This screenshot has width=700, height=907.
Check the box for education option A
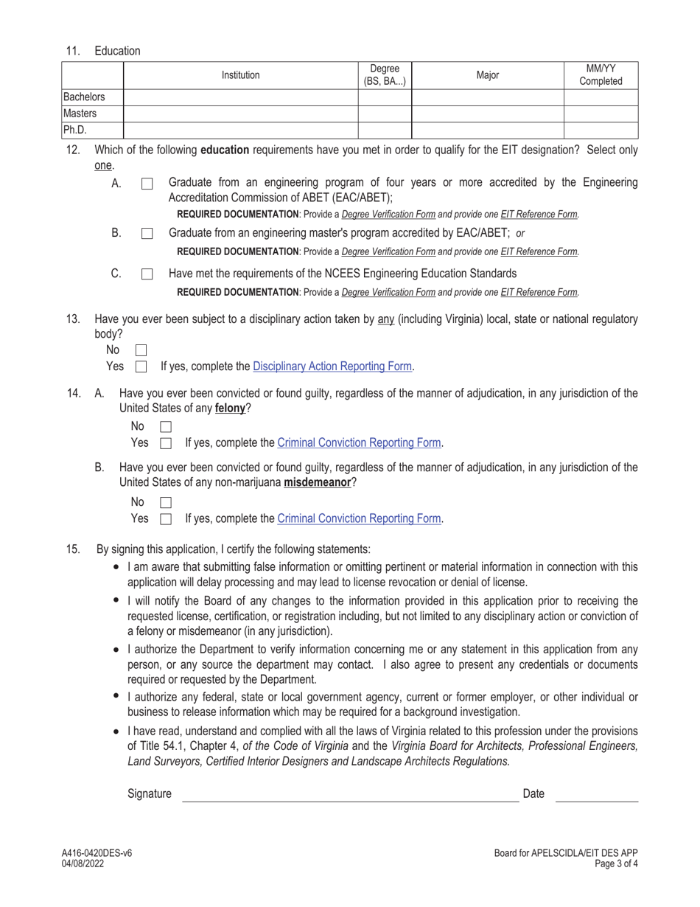pyautogui.click(x=147, y=184)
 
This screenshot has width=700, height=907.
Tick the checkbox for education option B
pyautogui.click(x=147, y=234)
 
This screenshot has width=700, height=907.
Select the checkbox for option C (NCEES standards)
pyautogui.click(x=147, y=274)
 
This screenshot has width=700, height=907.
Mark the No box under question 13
pyautogui.click(x=141, y=350)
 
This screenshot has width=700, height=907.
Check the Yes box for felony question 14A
pyautogui.click(x=166, y=443)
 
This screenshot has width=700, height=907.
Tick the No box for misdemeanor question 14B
pyautogui.click(x=166, y=503)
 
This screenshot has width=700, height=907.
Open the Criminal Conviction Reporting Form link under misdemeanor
pyautogui.click(x=359, y=518)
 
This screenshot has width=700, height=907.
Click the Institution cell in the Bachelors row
pyautogui.click(x=240, y=97)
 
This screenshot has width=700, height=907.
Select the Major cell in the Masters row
pyautogui.click(x=487, y=114)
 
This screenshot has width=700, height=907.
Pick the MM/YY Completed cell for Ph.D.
pyautogui.click(x=601, y=131)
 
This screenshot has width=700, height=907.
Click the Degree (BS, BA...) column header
pyautogui.click(x=384, y=74)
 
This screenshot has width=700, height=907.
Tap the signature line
pyautogui.click(x=350, y=795)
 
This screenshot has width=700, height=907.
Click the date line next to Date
pyautogui.click(x=596, y=795)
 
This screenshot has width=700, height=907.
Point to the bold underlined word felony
pyautogui.click(x=231, y=409)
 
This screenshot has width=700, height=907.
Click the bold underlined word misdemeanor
pyautogui.click(x=317, y=483)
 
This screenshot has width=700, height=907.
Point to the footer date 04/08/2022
pyautogui.click(x=83, y=864)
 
